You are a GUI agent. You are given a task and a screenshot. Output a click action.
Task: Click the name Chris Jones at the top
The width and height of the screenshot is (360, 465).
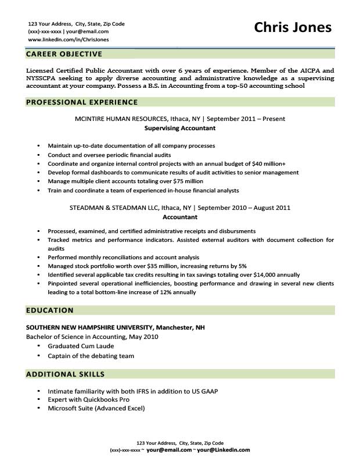point(293,27)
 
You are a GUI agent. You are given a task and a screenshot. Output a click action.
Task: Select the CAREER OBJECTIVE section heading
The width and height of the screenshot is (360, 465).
point(64,54)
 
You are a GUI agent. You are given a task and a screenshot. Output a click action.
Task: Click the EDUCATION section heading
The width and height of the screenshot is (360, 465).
point(50,310)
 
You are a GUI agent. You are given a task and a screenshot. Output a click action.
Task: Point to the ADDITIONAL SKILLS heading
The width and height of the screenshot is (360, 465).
point(66,374)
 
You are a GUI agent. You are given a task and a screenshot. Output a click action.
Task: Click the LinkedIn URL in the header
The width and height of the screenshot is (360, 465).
point(68,40)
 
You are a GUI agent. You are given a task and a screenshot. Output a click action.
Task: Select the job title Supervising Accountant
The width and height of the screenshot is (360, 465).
point(179,128)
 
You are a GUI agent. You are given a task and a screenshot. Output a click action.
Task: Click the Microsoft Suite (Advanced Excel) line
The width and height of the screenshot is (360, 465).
point(96,408)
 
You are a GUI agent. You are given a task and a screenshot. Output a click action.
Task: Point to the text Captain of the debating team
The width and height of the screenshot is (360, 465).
point(91,356)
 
